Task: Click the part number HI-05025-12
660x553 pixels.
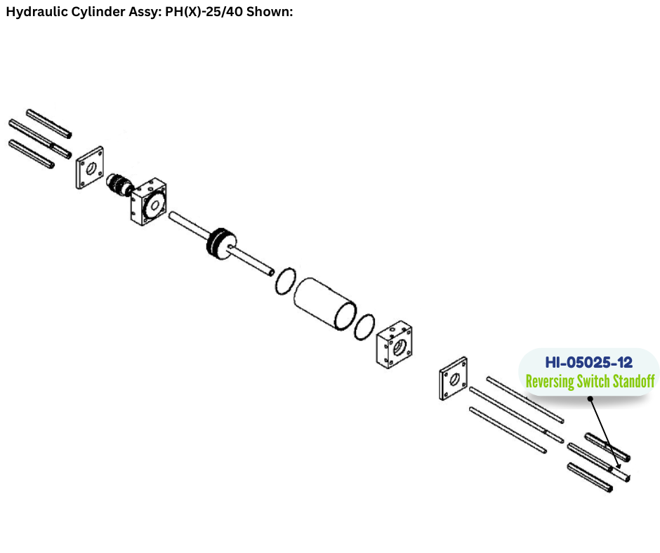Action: point(588,362)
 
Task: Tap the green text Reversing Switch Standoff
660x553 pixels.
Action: point(590,381)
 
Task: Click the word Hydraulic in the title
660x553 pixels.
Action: point(37,12)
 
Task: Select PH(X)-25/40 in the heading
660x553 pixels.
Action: point(204,12)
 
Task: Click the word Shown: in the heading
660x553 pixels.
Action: point(270,11)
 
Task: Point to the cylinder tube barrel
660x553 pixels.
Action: point(324,303)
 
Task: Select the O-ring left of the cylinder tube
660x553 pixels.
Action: point(285,281)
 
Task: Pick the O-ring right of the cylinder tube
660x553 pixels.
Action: point(364,327)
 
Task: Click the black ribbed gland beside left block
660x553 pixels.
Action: point(119,185)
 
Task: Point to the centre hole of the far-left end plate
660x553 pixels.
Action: point(91,168)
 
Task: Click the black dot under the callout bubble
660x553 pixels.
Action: point(590,399)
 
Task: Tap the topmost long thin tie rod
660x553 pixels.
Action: point(525,399)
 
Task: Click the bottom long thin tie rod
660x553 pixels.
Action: point(508,430)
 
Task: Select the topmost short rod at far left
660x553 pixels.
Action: point(49,124)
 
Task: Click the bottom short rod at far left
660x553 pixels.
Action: point(32,154)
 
